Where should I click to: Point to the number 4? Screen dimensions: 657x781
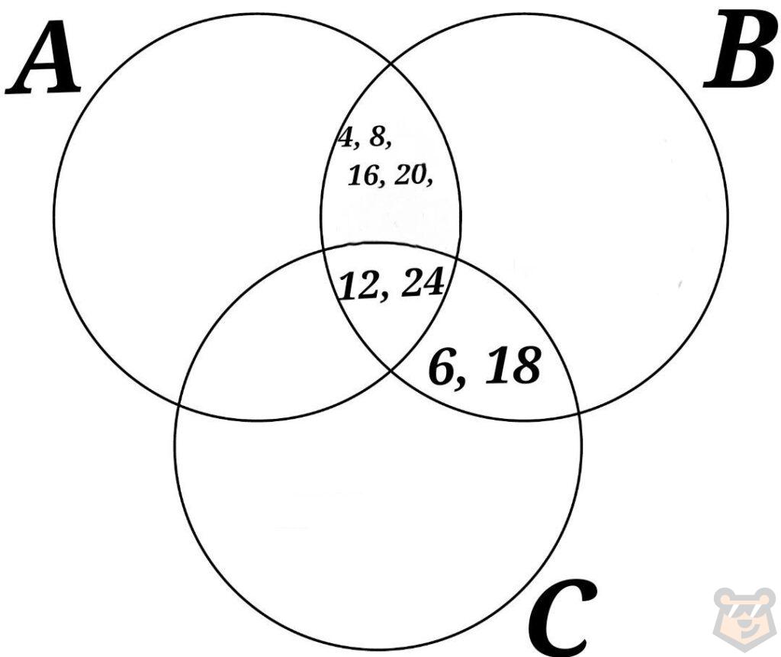pyautogui.click(x=346, y=138)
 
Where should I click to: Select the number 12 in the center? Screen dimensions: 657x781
pyautogui.click(x=361, y=286)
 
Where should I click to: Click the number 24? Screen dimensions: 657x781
pyautogui.click(x=422, y=283)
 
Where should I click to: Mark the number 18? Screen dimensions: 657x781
pyautogui.click(x=513, y=366)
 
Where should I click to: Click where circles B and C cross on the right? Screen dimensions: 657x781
pyautogui.click(x=578, y=412)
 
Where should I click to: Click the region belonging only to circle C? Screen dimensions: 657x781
pyautogui.click(x=374, y=519)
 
